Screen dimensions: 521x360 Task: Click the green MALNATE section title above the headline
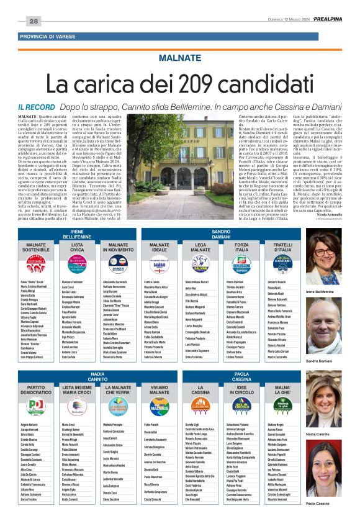(x=179, y=57)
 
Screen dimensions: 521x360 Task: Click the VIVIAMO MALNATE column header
(x=158, y=389)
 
